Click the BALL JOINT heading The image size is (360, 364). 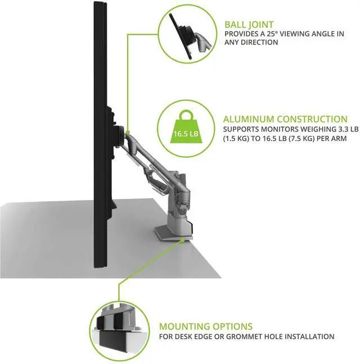pos(250,25)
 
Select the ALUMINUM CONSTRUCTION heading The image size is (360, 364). pos(285,119)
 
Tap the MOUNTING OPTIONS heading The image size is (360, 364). pos(205,326)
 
